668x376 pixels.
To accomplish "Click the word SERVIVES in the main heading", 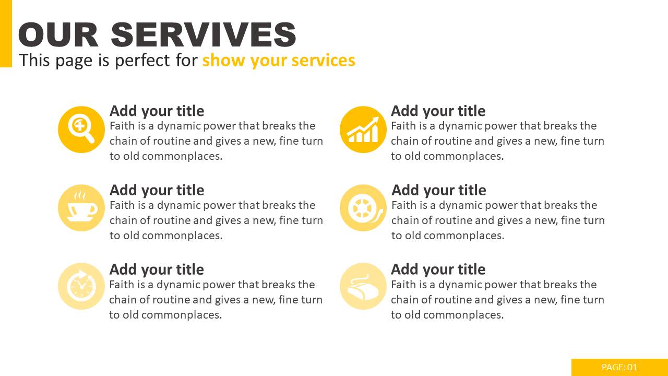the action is [x=204, y=34].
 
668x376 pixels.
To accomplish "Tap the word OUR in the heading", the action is [x=58, y=34].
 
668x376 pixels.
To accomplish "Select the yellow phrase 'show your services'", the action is [x=279, y=60].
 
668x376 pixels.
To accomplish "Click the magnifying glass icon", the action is [x=81, y=130].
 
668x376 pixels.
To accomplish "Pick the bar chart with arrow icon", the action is [x=363, y=130].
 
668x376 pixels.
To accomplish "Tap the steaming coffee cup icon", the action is [x=81, y=208].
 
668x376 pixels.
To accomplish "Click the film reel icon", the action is [x=363, y=208].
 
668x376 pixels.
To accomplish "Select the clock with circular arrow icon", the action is [x=81, y=286].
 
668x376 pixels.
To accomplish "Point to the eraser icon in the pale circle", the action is [x=363, y=286].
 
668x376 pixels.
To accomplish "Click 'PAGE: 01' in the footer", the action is [x=619, y=367].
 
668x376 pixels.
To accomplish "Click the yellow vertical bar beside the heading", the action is [x=6, y=33].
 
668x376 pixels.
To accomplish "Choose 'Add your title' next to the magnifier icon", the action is [x=157, y=111].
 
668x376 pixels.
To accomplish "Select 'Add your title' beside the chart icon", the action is [x=438, y=111].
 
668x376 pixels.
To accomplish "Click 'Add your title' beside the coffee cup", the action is [x=157, y=191].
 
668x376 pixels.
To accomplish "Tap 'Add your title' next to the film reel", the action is [x=439, y=191].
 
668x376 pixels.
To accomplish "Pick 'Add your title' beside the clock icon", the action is [x=157, y=270].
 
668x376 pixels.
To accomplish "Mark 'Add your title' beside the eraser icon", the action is [x=438, y=270].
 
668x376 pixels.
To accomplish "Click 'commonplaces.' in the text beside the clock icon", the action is [x=182, y=315].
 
